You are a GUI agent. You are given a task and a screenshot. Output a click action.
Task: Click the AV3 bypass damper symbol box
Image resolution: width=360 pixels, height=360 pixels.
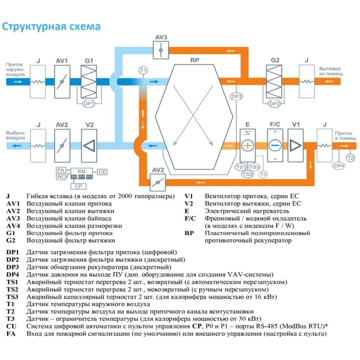coord(161,50)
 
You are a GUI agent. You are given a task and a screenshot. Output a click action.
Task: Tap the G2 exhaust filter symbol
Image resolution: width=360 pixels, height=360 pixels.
coord(275,82)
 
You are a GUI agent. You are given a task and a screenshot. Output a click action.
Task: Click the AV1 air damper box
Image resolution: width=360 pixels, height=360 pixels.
coord(62,82)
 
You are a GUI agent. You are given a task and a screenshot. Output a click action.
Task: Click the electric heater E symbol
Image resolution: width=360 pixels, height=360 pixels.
coord(247,146)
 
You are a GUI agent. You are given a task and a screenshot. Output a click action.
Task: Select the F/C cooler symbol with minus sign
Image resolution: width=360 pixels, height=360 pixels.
coord(274,146)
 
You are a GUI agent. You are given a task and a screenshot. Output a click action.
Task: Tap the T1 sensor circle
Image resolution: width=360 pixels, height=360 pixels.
coord(143,70)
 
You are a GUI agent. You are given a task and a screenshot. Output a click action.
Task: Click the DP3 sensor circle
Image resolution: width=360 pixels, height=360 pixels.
coord(236,97)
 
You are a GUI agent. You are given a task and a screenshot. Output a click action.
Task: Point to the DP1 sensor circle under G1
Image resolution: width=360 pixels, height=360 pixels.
coord(88,103)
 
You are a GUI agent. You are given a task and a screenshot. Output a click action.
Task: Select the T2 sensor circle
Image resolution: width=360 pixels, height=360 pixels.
coord(350,157)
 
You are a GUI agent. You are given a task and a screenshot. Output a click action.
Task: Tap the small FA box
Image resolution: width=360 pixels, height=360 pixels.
coord(61,170)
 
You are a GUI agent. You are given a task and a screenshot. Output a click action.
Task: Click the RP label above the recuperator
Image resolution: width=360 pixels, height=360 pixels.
coord(194,61)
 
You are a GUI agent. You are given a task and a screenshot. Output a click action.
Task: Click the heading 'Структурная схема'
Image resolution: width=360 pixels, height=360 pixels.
coord(51,26)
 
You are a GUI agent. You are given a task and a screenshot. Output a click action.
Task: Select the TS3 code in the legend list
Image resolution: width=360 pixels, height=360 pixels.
coord(12,297)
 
